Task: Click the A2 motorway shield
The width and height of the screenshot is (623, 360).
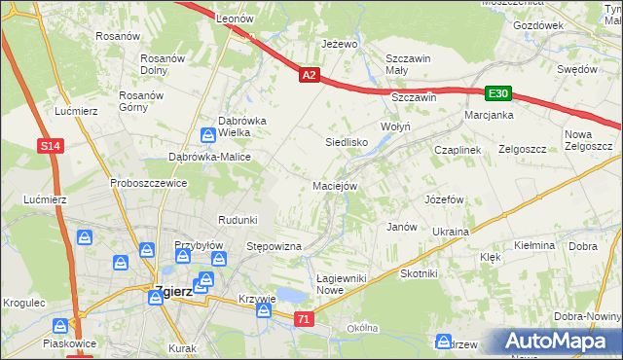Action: tap(309, 74)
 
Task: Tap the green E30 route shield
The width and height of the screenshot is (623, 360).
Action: tap(498, 93)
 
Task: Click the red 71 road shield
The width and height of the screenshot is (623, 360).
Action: tap(305, 318)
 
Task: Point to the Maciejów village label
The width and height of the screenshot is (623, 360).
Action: tap(336, 185)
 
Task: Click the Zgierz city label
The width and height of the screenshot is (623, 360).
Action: tap(173, 291)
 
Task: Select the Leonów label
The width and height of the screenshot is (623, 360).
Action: tap(235, 18)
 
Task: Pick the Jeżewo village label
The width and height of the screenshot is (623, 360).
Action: tap(341, 45)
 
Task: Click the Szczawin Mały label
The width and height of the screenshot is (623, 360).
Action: tap(409, 64)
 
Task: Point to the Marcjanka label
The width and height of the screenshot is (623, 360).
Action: tap(489, 114)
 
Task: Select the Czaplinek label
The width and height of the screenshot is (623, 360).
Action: tap(458, 150)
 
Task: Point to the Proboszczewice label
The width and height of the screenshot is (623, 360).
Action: tap(148, 183)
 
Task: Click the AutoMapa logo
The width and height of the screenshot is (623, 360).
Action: tap(558, 342)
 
